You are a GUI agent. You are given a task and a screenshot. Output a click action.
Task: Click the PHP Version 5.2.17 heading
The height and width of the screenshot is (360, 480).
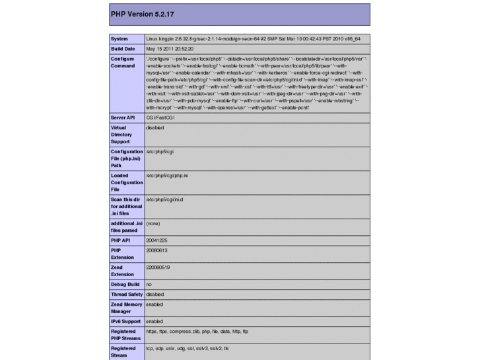coord(143,14)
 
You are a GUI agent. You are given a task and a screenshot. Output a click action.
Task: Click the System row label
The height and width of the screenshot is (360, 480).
coord(120,38)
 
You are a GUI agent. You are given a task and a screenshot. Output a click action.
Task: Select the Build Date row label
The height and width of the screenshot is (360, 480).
coord(123,49)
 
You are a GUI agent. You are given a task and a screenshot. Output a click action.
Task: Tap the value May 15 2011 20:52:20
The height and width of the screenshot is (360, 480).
coord(170,49)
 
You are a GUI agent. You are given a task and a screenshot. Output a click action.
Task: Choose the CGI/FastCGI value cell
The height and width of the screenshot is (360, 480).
coord(160,118)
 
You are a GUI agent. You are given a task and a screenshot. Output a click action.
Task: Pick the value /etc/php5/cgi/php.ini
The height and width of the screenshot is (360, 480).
coord(168,176)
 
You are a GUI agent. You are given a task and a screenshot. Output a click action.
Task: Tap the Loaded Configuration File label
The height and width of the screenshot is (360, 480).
coord(127,183)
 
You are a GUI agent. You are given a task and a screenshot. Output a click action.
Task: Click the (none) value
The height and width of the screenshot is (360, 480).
coord(153,223)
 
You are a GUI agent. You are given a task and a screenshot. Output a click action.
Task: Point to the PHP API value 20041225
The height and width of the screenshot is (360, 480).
coord(157,240)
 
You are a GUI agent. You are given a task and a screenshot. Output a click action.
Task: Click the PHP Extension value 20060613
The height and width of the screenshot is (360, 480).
coord(157,251)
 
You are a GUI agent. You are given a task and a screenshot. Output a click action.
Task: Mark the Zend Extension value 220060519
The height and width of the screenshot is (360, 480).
coord(158,268)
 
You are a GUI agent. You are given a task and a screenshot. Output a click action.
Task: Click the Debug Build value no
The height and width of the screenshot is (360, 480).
coord(149,284)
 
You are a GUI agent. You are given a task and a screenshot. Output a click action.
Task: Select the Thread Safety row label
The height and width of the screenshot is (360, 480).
coord(127,295)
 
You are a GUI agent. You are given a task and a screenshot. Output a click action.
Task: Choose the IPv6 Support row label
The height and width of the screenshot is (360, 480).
coord(126,321)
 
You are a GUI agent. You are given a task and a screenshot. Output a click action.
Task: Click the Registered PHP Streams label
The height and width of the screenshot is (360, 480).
coord(124,335)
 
